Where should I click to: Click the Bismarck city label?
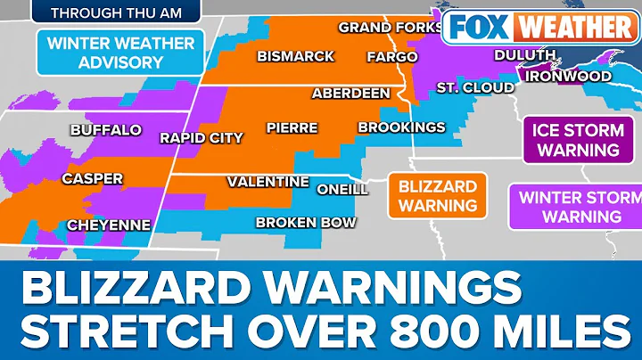295,56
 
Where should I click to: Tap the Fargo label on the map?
391,57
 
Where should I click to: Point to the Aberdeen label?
350,93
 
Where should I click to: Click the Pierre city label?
292,127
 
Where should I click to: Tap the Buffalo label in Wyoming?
105,130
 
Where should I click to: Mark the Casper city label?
92,179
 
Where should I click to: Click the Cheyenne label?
108,225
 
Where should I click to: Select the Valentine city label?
267,181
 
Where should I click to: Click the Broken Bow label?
306,223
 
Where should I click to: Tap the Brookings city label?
401,127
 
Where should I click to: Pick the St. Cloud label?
475,87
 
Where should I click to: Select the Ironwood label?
568,76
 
